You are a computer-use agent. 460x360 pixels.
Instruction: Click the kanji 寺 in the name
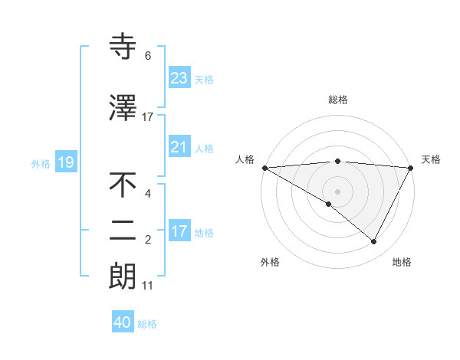tap(123, 47)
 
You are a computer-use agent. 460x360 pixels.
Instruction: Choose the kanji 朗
tap(123, 277)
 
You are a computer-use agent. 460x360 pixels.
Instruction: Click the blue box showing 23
tap(179, 78)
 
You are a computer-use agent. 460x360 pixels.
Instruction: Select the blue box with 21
tap(179, 147)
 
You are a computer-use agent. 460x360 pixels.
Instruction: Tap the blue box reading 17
tap(179, 231)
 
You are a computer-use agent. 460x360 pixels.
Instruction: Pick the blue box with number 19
tap(65, 162)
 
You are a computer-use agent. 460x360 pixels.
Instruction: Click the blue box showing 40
tap(123, 322)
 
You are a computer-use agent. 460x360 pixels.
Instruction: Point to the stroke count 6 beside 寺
tap(148, 56)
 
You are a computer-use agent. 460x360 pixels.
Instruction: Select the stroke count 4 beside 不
tap(148, 194)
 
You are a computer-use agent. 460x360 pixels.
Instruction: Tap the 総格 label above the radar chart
tap(337, 100)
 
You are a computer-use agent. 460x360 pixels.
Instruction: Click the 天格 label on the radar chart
tap(431, 159)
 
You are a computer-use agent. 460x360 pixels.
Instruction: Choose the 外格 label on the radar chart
tap(270, 262)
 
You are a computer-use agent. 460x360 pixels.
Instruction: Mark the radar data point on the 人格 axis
tap(264, 167)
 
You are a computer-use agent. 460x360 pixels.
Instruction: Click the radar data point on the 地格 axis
tap(374, 241)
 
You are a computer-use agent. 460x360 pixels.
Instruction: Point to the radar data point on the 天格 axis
tap(410, 167)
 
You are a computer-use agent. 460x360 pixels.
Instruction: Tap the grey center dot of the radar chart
tap(337, 190)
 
